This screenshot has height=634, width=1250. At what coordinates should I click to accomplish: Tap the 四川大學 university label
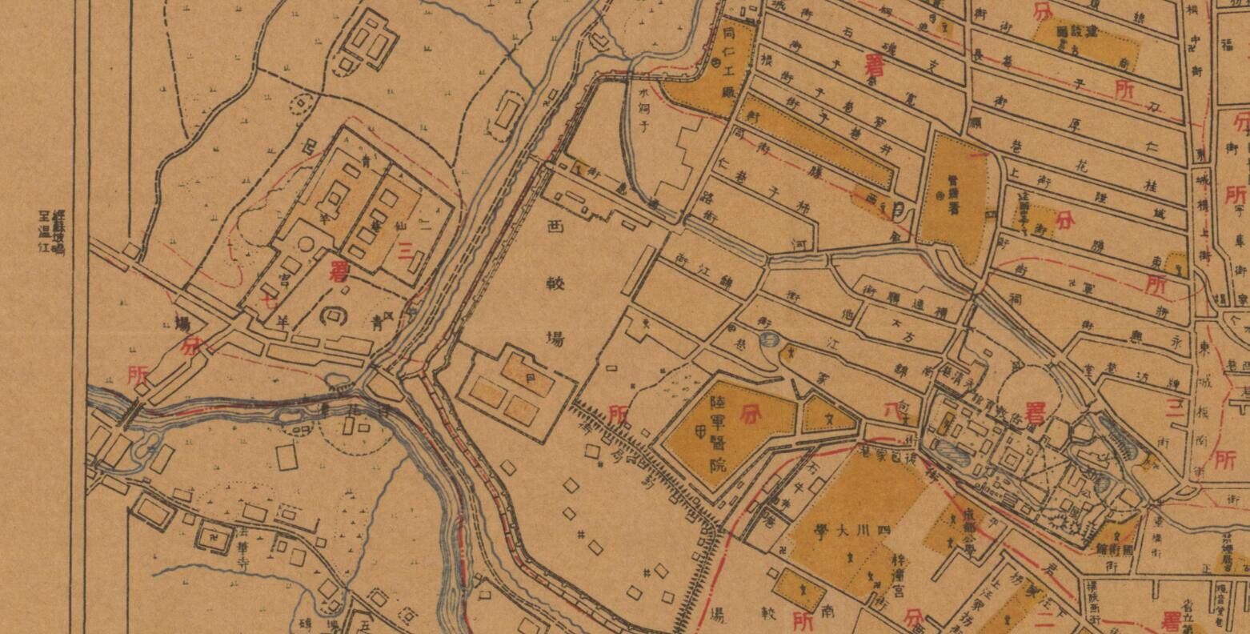[x=841, y=536]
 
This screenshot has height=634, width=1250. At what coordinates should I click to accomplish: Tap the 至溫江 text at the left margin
[x=45, y=232]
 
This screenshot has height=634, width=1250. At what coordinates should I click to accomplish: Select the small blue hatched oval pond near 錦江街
[x=766, y=339]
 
